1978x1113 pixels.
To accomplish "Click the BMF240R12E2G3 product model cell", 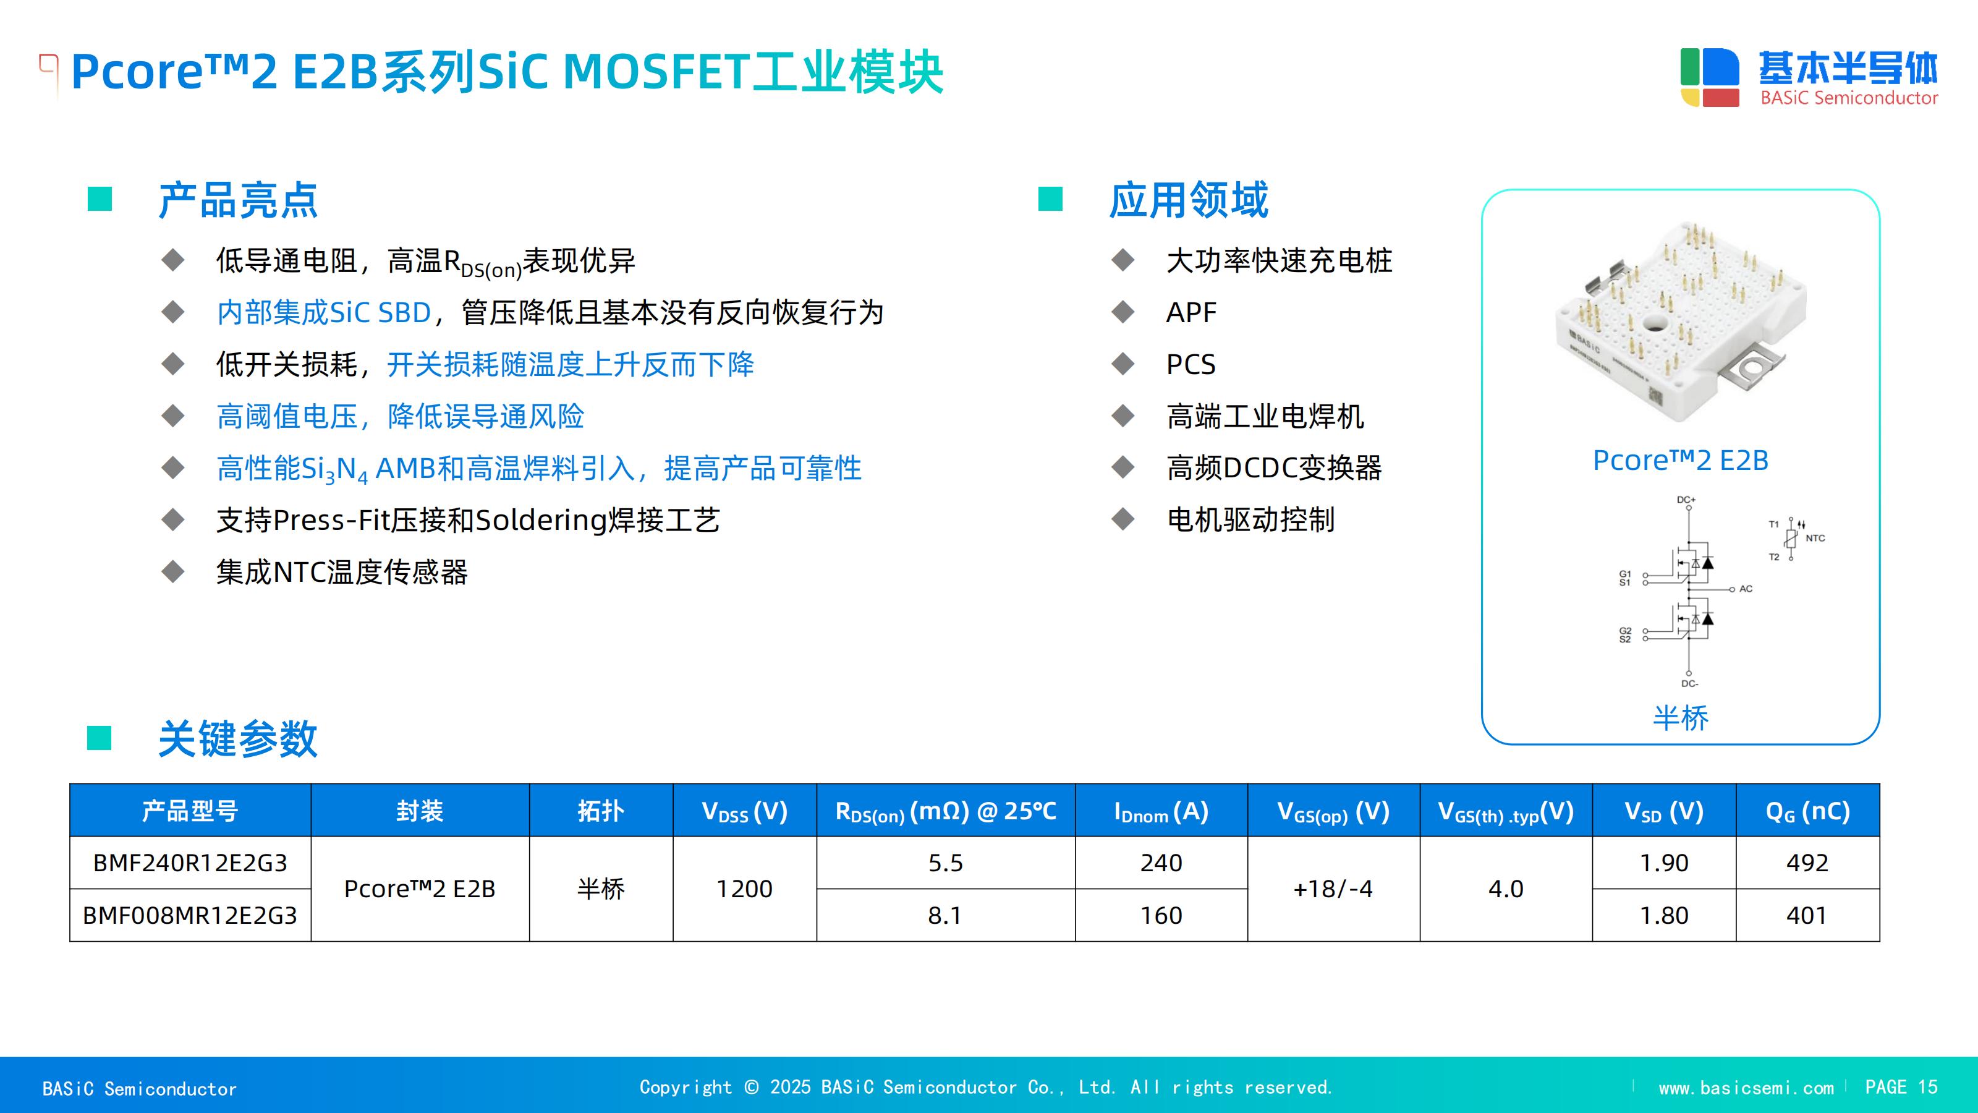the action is (190, 863).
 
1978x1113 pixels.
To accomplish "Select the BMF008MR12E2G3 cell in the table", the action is (190, 915).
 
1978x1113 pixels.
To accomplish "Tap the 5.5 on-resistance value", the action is (945, 863).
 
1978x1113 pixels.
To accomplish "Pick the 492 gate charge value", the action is (1807, 863).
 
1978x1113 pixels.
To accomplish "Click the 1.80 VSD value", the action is (1664, 915).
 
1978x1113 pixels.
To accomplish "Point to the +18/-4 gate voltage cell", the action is (1333, 889).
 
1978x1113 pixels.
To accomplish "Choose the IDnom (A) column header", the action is (1161, 811).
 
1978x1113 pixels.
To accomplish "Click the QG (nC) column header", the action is (1807, 811).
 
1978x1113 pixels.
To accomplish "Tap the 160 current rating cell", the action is (1161, 915).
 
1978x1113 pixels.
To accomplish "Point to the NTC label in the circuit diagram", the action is (1815, 538).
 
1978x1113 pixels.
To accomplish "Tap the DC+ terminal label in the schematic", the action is (1686, 499).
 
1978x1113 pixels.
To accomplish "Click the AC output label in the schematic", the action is (1746, 589).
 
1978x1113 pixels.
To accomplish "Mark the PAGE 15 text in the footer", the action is (1901, 1087).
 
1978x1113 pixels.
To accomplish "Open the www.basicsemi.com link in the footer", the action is (1746, 1088).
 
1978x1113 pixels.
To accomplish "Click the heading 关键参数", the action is (237, 739).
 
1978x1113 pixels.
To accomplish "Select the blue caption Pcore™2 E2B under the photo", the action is (1680, 461).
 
